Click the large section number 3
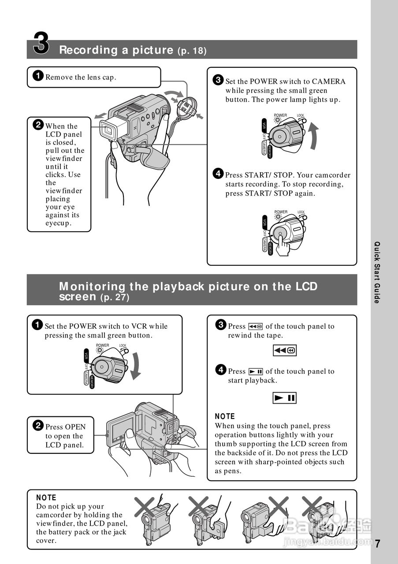pos(41,43)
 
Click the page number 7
pos(378,543)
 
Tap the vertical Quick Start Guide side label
pos(377,272)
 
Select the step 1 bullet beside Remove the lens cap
pos(38,77)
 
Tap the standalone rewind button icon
pos(284,351)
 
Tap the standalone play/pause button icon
pos(284,398)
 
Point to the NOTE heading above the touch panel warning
pos(225,416)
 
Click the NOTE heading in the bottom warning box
pos(46,497)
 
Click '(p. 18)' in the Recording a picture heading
pos(192,51)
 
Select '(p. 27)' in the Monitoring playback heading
pos(115,298)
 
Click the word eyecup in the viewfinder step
pos(59,223)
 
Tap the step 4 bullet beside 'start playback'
pos(221,370)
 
